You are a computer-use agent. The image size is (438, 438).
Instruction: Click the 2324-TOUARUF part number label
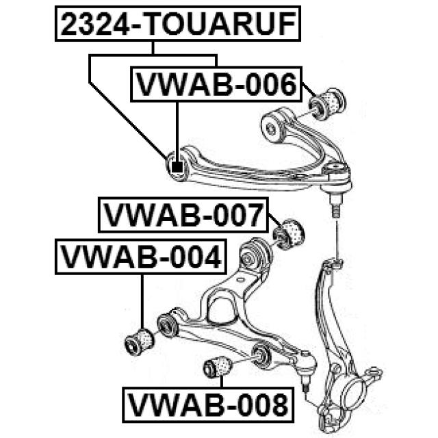coord(178,23)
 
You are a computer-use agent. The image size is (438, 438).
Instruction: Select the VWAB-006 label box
coord(216,84)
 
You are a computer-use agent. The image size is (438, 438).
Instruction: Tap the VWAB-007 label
coord(183,215)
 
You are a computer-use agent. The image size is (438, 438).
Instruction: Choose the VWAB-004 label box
coord(141,257)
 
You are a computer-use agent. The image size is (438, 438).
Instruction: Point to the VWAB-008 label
coord(208,404)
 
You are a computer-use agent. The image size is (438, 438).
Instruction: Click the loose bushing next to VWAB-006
coord(327,103)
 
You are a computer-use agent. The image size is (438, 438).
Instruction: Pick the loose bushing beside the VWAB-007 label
coord(288,234)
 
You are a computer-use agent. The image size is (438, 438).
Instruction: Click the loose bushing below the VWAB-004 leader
coord(139,342)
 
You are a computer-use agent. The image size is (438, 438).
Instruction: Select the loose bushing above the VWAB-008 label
coord(218,367)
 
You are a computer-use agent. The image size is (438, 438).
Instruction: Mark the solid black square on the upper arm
coord(177,167)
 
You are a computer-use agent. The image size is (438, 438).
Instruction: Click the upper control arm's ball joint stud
coord(335,207)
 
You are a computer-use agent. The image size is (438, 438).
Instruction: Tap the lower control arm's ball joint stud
coord(306,382)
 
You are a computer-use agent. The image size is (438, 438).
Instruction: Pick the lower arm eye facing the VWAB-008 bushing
coord(261,356)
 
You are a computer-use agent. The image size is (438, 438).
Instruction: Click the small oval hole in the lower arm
coord(240,280)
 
